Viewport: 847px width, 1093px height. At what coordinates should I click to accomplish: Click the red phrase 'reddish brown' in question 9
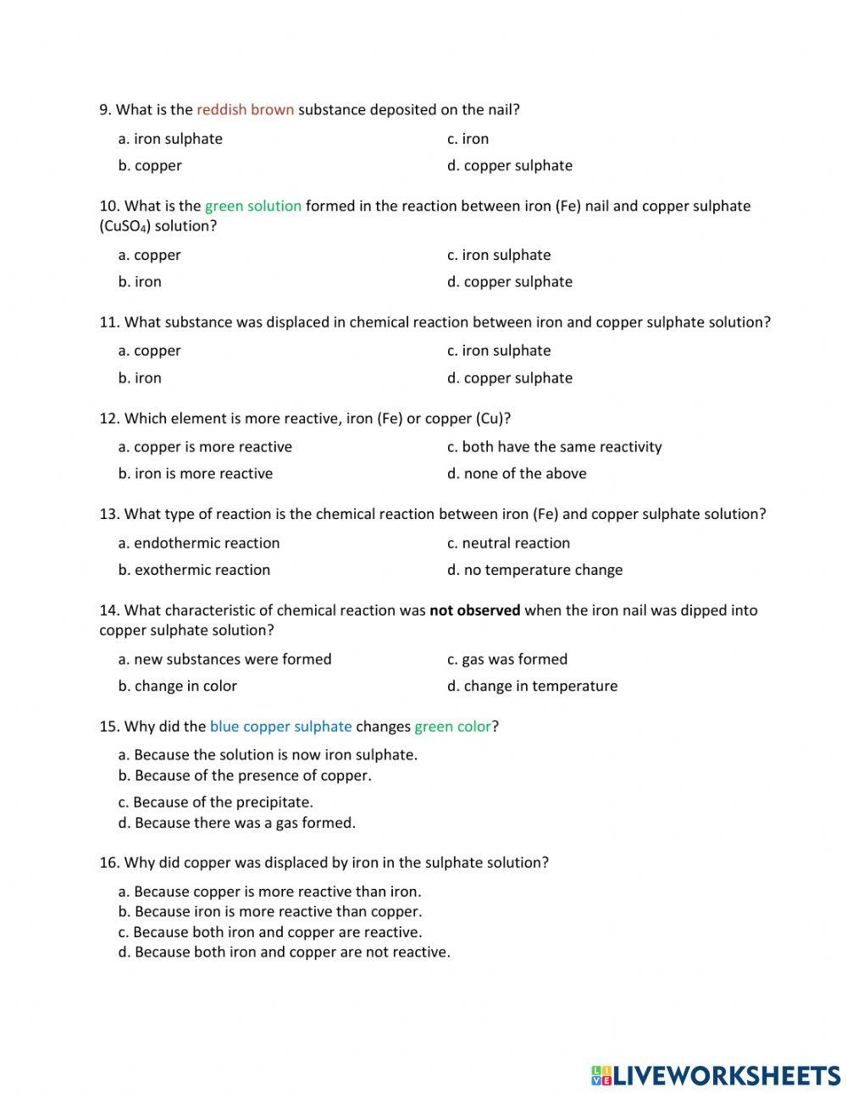[246, 109]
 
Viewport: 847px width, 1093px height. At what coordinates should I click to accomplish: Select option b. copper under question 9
[150, 165]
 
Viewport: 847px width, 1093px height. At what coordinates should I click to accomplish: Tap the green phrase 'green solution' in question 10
[253, 206]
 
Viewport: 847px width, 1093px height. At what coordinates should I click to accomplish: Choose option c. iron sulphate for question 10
[499, 255]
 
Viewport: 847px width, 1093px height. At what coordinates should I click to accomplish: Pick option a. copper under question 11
[150, 351]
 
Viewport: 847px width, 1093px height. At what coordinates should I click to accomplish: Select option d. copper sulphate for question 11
[510, 378]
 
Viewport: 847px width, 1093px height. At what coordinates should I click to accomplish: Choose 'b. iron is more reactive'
[196, 473]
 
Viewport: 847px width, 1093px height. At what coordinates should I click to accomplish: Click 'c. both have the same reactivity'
[555, 446]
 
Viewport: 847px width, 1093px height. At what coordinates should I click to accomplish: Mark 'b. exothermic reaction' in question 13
[194, 570]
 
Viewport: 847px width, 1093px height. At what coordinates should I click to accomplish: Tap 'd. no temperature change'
[535, 570]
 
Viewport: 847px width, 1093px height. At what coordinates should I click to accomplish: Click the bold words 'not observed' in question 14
[475, 610]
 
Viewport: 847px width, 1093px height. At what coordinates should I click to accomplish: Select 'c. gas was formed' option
[507, 659]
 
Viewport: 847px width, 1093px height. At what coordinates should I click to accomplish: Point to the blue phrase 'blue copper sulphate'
[280, 726]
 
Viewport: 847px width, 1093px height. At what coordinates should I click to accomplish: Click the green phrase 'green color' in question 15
[453, 726]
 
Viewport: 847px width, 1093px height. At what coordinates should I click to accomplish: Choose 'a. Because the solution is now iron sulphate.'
[268, 754]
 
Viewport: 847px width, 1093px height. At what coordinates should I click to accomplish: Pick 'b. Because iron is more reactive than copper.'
[270, 912]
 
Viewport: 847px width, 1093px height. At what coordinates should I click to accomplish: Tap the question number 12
[109, 418]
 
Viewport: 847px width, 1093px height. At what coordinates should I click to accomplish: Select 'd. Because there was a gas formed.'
[237, 822]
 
